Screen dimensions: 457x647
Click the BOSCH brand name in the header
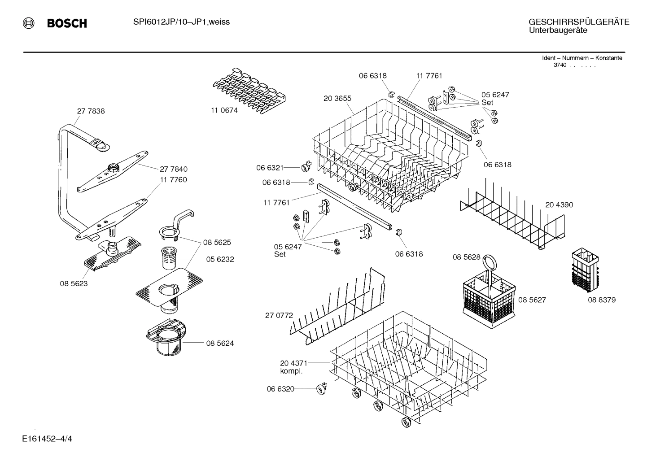[67, 23]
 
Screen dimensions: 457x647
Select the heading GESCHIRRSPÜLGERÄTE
[578, 22]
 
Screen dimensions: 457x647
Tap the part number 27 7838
[91, 111]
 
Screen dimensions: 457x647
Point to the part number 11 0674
[224, 110]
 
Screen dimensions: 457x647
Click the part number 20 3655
[337, 99]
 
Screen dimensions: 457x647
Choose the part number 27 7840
[174, 169]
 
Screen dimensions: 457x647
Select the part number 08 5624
[220, 343]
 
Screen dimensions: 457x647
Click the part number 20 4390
[559, 205]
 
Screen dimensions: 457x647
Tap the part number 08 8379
[602, 300]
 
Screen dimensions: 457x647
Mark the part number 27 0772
[279, 315]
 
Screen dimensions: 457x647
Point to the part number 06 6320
[280, 389]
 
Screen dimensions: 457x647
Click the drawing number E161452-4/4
[47, 438]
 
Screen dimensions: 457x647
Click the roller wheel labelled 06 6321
[306, 167]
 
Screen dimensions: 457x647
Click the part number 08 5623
[74, 283]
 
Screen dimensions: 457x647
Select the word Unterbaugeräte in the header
[558, 30]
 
